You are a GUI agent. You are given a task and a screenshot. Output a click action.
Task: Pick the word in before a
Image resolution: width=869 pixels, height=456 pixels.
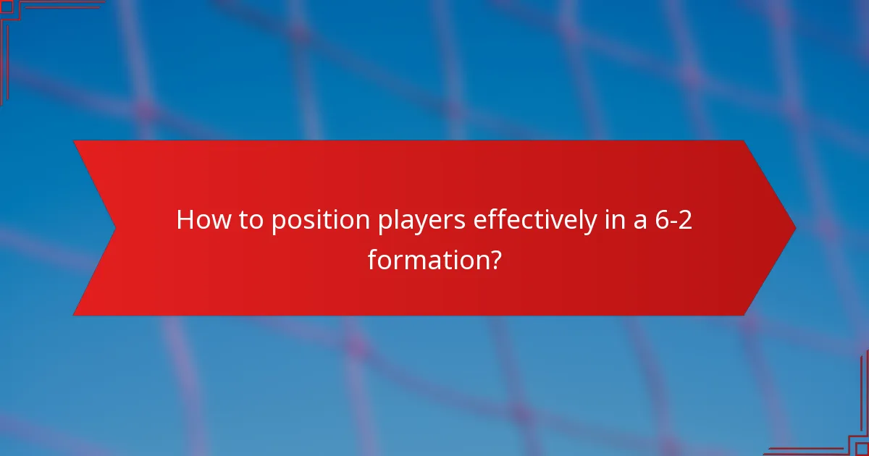[x=613, y=220]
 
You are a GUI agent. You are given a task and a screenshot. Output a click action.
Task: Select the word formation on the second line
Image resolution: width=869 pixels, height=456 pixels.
[x=424, y=258]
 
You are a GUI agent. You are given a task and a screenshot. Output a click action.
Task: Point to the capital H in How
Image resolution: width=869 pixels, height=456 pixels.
[x=185, y=220]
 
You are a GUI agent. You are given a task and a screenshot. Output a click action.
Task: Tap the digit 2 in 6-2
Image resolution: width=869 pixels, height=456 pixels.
[x=685, y=220]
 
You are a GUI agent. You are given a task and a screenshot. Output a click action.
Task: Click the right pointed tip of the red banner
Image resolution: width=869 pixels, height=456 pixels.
[x=794, y=228]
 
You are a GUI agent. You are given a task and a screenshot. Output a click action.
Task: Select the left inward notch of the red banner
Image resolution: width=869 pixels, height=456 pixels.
[x=115, y=228]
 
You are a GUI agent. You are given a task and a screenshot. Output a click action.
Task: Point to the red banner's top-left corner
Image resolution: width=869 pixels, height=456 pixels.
[x=75, y=141]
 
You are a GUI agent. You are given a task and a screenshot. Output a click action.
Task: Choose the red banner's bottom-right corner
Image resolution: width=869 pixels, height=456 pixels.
[x=744, y=315]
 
